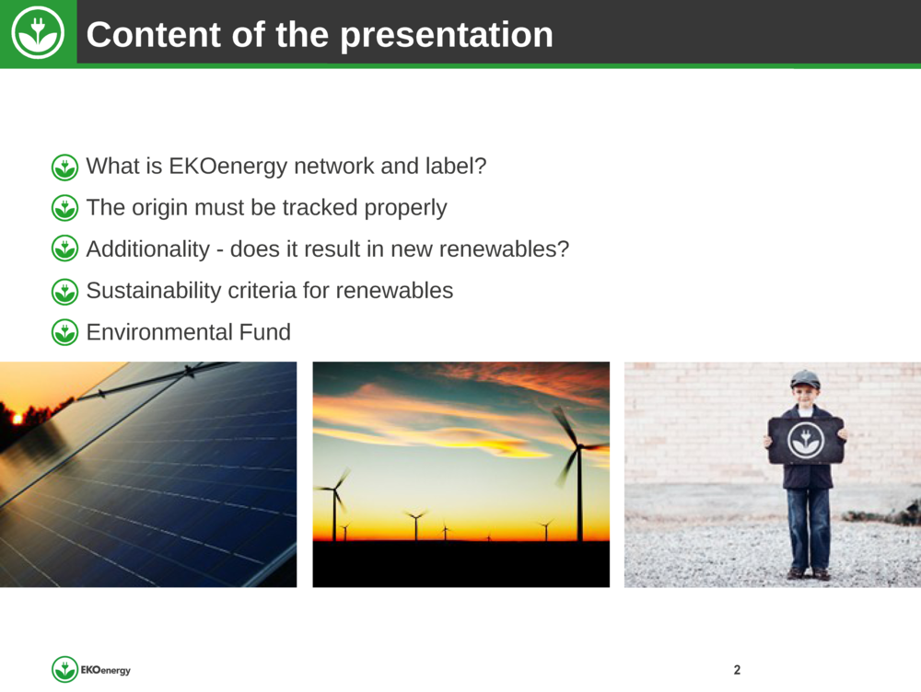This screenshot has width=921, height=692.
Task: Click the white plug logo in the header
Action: point(38,33)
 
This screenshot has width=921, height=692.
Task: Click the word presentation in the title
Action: point(447,35)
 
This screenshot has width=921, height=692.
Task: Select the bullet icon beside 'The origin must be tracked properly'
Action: point(64,208)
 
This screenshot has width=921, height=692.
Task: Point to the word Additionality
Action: point(148,248)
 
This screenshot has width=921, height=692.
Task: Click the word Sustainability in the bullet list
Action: point(153,291)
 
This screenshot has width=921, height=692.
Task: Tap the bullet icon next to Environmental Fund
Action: point(64,333)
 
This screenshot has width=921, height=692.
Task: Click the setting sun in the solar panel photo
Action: point(17,419)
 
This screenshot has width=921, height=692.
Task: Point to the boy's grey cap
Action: point(805,378)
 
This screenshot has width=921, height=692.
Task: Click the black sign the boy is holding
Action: point(806,440)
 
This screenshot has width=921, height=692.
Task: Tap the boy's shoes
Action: point(810,573)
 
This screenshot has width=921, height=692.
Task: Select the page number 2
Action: point(737,670)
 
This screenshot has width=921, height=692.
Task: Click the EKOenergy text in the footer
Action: point(106,670)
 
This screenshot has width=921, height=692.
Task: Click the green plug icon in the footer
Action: point(64,670)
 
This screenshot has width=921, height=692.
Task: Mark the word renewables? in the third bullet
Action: point(504,249)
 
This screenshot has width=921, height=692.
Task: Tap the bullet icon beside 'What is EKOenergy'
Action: point(64,167)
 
